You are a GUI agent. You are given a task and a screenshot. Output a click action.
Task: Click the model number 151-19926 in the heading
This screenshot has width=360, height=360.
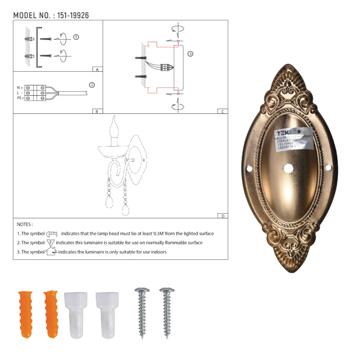73,15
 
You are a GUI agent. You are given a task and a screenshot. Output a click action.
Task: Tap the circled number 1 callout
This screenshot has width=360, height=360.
76,37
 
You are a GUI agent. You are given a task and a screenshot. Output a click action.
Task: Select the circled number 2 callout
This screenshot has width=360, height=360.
92,85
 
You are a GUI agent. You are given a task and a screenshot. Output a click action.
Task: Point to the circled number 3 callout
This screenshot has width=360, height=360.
190,54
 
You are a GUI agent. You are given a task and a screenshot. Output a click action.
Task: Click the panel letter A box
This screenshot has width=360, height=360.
97,69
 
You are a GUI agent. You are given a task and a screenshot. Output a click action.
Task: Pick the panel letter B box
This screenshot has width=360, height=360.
97,111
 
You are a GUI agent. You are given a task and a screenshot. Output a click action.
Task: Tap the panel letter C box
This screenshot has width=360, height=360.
222,111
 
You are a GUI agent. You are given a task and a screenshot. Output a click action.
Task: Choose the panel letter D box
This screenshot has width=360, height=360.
222,216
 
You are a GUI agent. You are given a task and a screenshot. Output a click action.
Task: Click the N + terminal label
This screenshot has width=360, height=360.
20,87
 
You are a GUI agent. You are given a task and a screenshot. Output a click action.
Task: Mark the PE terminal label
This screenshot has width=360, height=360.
20,98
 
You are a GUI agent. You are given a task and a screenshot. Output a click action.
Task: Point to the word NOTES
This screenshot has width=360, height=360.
24,224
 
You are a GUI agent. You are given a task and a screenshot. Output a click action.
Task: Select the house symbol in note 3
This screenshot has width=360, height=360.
51,252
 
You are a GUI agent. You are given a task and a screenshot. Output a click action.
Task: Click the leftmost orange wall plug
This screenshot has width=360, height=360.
23,314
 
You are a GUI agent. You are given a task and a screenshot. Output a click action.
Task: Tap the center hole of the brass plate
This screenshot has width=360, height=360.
288,168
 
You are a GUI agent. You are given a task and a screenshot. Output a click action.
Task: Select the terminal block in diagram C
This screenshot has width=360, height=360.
165,67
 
